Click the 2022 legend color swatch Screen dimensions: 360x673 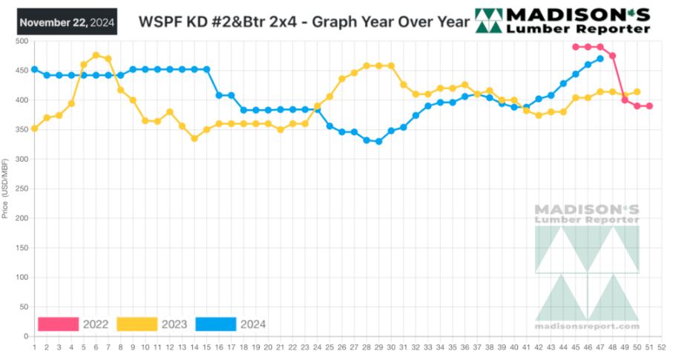click(58, 324)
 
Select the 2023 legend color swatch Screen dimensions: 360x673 click(137, 324)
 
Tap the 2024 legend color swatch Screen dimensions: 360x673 click(216, 324)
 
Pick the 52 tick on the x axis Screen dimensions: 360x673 click(661, 346)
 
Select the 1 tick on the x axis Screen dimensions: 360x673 click(34, 346)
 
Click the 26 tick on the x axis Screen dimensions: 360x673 click(342, 346)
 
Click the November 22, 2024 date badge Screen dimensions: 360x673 click(67, 22)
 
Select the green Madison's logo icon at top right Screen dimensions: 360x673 click(488, 21)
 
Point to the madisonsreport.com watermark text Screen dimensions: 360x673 click(587, 326)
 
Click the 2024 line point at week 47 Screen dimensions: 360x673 click(600, 59)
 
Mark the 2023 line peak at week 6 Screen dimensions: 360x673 click(96, 55)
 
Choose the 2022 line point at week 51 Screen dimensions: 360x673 click(649, 106)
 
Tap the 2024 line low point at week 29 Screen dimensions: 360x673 click(378, 141)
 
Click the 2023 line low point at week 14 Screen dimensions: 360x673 click(194, 138)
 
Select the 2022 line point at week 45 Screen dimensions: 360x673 click(575, 47)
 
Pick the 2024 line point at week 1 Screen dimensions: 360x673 click(34, 69)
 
